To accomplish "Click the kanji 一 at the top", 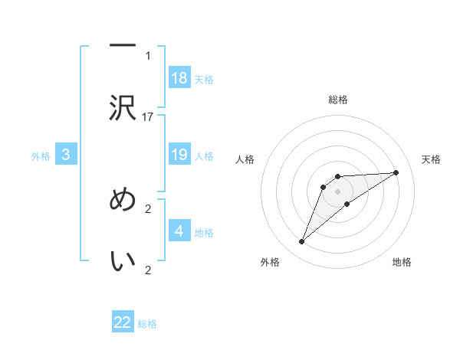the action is [x=123, y=47].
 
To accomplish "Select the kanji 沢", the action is [x=123, y=109].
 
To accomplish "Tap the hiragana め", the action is [x=123, y=200].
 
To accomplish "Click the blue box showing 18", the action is [x=179, y=77].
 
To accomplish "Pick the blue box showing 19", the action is [x=179, y=155].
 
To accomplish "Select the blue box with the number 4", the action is [x=179, y=231].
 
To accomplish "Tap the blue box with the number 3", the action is [x=66, y=155].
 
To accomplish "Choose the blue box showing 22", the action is [x=123, y=322].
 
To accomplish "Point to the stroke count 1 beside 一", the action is [x=148, y=55].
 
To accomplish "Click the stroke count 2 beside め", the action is [x=148, y=208].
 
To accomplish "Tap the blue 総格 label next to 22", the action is [x=147, y=324].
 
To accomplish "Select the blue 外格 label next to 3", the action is [x=41, y=156].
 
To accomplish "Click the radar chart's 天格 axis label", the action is [x=431, y=159].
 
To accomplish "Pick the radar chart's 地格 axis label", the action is [x=402, y=262].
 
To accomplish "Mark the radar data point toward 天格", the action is [x=396, y=172].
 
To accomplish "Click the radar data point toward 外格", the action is [x=302, y=242].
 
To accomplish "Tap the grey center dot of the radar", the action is [x=337, y=191].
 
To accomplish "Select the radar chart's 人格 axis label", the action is [x=245, y=159].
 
